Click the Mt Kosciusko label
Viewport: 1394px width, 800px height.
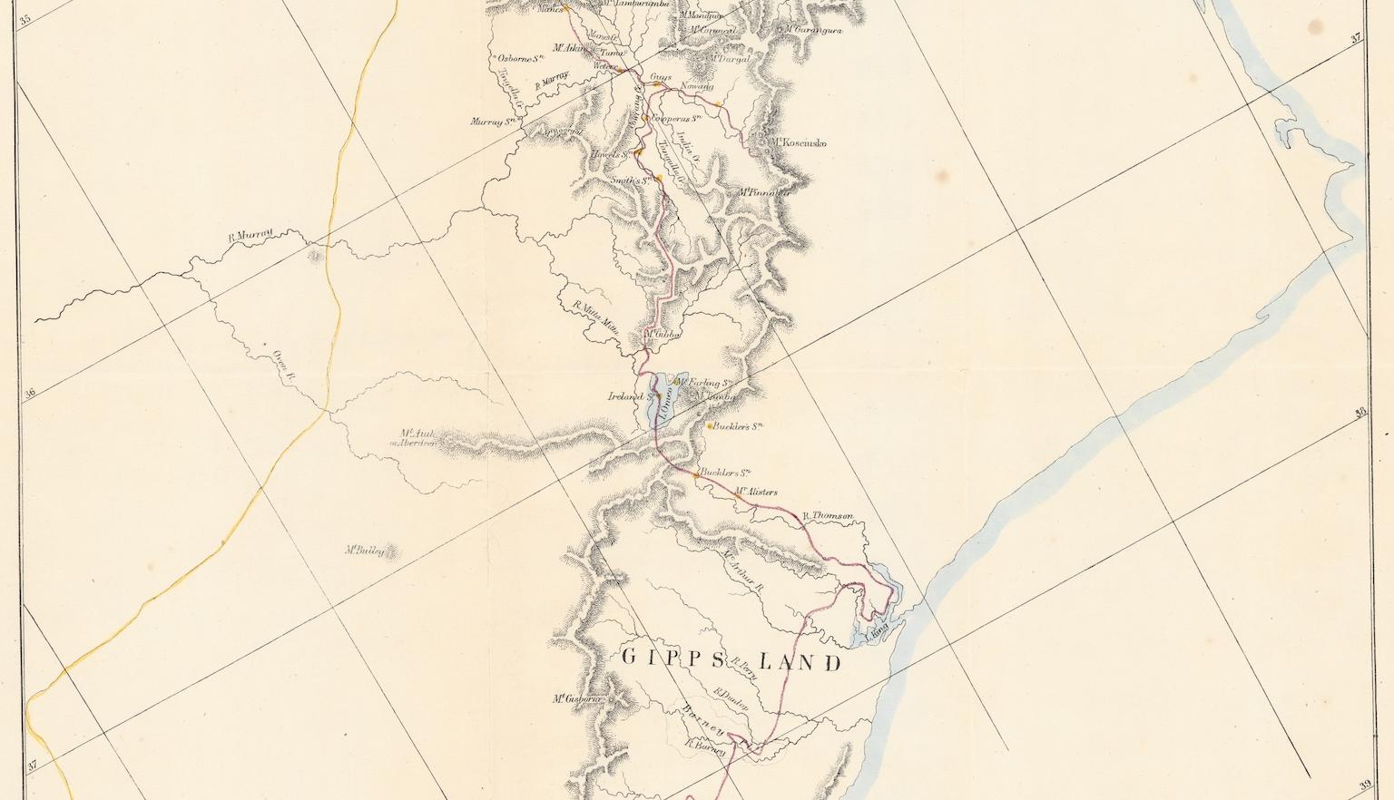tap(799, 142)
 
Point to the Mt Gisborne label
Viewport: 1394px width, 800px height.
tap(578, 698)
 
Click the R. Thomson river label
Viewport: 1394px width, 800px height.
tap(828, 516)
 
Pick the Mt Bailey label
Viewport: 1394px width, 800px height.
tap(365, 550)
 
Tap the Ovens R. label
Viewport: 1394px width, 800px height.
tap(285, 363)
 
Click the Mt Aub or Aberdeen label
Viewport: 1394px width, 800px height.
tap(413, 438)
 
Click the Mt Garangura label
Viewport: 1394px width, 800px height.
tap(813, 30)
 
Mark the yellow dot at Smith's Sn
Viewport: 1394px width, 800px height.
tap(660, 180)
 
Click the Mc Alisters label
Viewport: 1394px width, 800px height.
tap(756, 492)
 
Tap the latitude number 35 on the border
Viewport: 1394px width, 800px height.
tap(25, 17)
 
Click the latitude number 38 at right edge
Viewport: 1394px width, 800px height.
tap(1360, 414)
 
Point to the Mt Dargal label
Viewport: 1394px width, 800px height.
tap(730, 58)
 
